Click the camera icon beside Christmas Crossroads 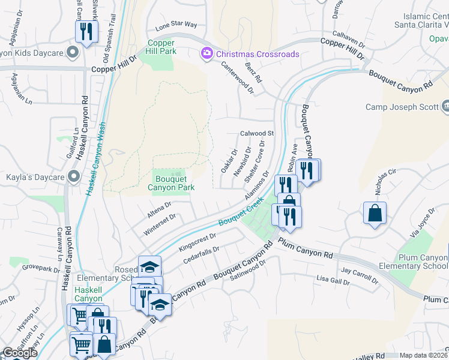(207, 54)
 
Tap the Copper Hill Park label (160, 47)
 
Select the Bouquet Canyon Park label (171, 182)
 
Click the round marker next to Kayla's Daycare (73, 176)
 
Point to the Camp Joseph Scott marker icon (445, 107)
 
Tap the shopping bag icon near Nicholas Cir (375, 212)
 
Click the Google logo (20, 353)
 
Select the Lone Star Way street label (176, 25)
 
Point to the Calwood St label (257, 133)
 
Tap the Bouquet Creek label (241, 214)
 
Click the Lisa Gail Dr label (333, 280)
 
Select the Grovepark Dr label (42, 267)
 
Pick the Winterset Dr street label (160, 225)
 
